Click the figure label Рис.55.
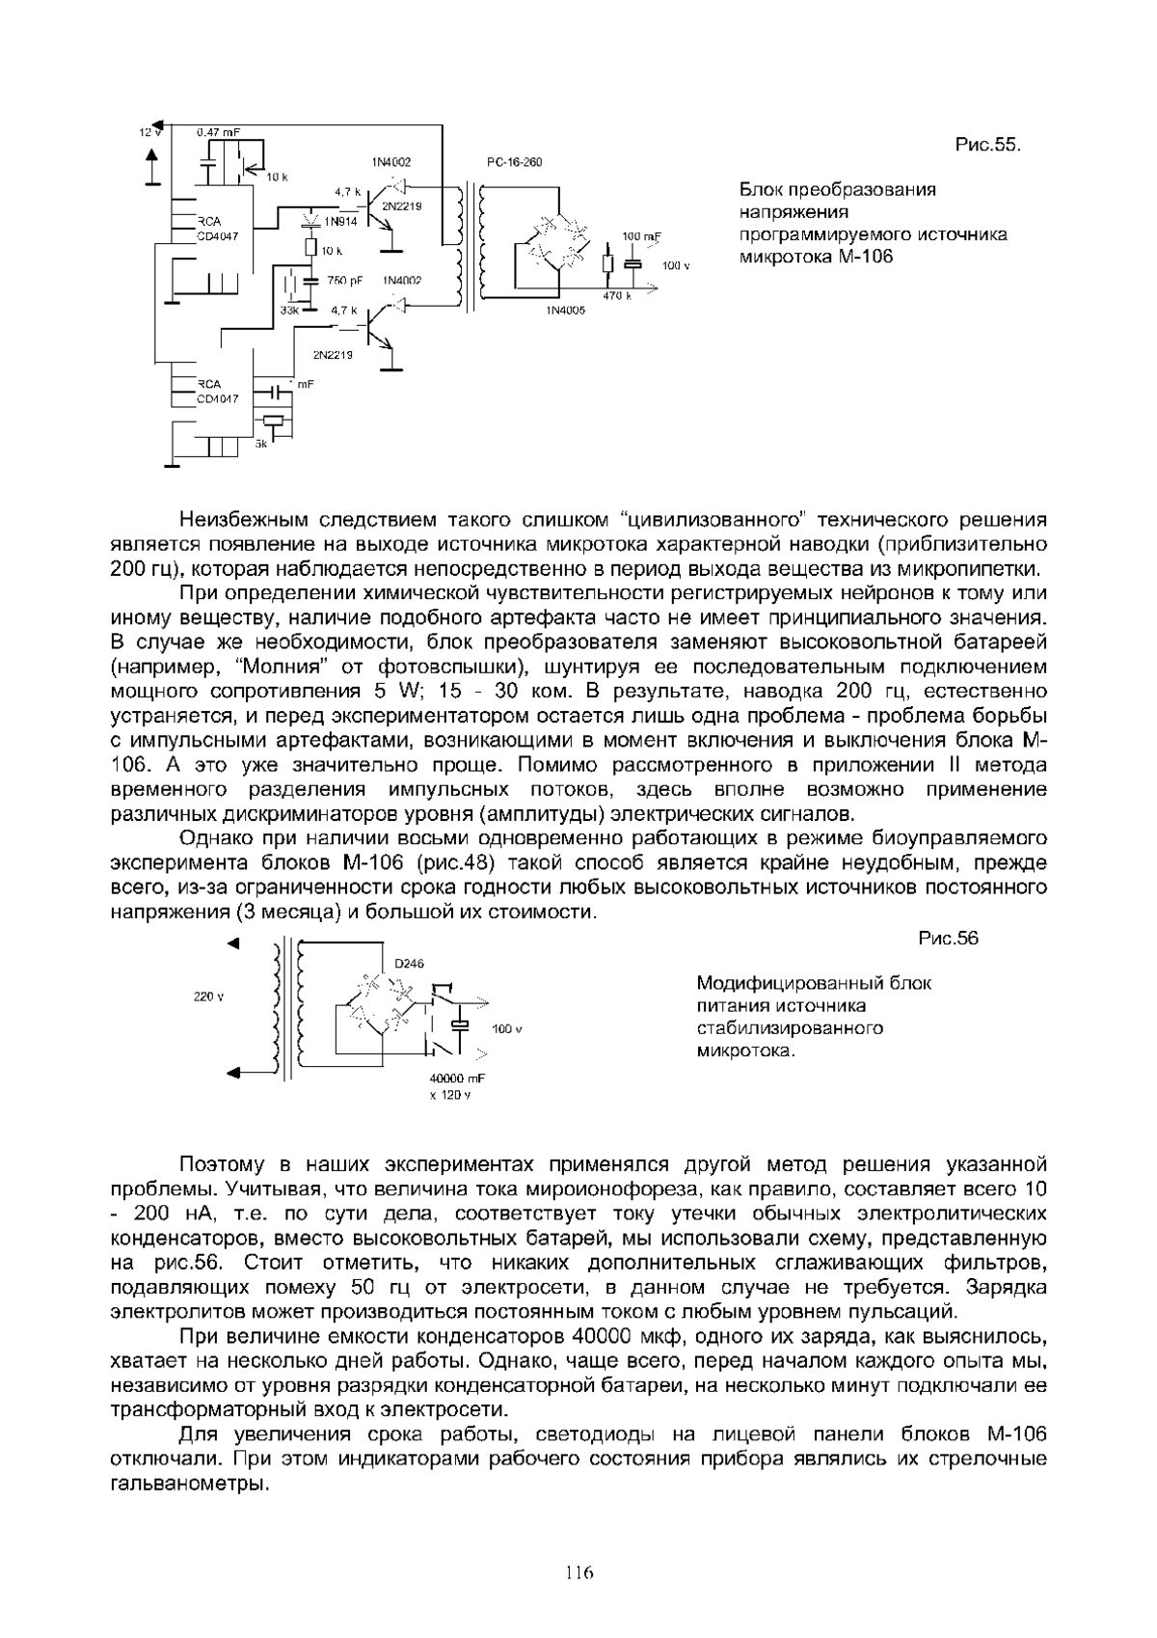click(x=987, y=146)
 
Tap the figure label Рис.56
click(x=949, y=939)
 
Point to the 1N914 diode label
click(x=340, y=222)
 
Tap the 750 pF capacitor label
click(x=344, y=281)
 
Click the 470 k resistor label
click(x=617, y=296)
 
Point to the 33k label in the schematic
click(x=289, y=311)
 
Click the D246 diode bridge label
click(x=410, y=964)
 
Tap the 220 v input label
click(x=209, y=996)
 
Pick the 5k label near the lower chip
click(x=260, y=444)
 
